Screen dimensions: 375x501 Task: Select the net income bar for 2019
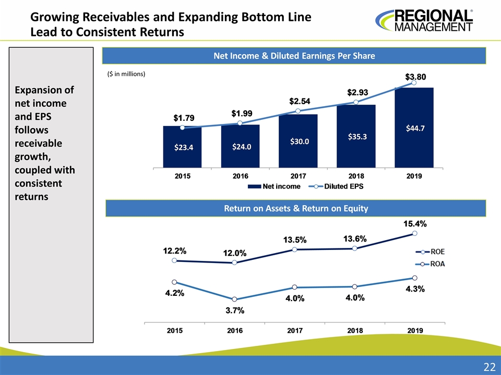414,127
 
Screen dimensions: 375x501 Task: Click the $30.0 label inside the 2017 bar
298,141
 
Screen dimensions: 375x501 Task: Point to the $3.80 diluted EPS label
415,77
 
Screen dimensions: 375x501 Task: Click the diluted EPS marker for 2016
240,123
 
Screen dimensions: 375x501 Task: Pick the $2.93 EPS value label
357,92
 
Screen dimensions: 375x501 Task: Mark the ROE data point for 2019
414,233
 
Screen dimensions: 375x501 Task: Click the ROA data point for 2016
235,299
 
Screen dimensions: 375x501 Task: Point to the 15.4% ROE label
415,224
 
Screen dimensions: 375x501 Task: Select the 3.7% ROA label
235,311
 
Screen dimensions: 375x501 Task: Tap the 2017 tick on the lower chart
295,330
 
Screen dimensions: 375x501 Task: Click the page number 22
489,367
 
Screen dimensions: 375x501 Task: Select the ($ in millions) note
125,74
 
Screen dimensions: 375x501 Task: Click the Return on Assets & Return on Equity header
295,208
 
